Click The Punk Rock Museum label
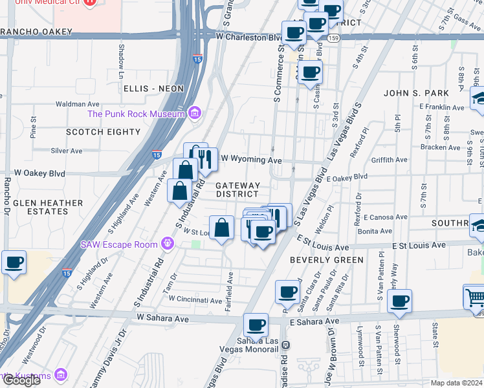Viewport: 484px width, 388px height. [137, 114]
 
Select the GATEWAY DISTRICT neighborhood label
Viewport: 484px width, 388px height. [237, 189]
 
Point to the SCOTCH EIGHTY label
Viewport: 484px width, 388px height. [103, 132]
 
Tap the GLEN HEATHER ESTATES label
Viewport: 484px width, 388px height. [48, 207]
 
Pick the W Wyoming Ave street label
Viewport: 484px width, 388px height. [252, 159]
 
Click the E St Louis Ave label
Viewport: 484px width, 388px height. [420, 245]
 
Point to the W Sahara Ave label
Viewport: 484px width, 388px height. [162, 318]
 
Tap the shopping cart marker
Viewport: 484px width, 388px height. [474, 297]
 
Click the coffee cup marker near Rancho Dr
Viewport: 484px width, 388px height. [14, 262]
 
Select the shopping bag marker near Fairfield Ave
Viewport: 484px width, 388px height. [221, 228]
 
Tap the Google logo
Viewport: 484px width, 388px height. [21, 380]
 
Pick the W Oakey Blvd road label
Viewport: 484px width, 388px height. [40, 173]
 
